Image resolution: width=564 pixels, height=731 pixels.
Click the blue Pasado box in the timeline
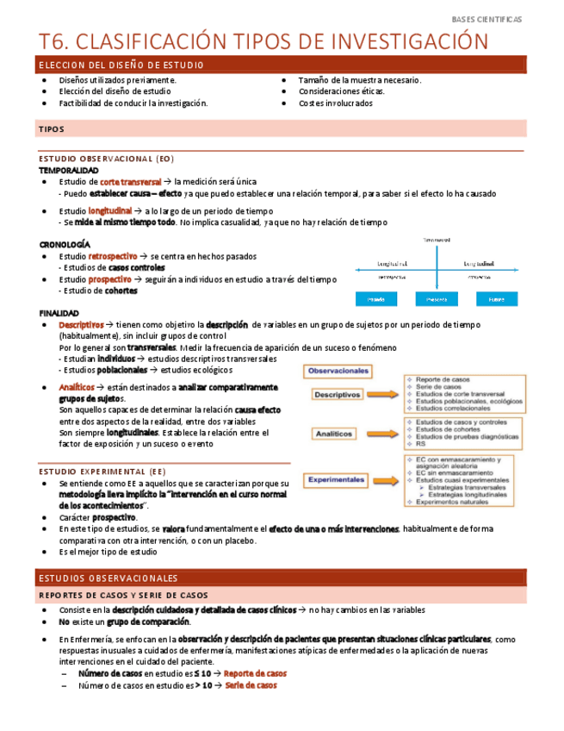tap(375, 299)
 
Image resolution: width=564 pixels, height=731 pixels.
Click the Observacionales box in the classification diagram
tap(338, 371)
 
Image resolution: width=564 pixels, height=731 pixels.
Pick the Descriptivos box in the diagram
tap(338, 394)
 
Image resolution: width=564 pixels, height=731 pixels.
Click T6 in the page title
tap(54, 41)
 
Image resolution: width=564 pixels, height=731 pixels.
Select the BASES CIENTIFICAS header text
tap(487, 19)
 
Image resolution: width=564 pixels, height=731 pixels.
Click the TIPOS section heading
tap(52, 129)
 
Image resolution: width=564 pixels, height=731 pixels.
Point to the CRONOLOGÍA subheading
tap(65, 244)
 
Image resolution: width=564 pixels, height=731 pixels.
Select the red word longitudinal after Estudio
tap(110, 210)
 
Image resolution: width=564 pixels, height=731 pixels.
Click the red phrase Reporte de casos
tap(256, 673)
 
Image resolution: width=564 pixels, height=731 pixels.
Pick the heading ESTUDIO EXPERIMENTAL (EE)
tap(102, 472)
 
